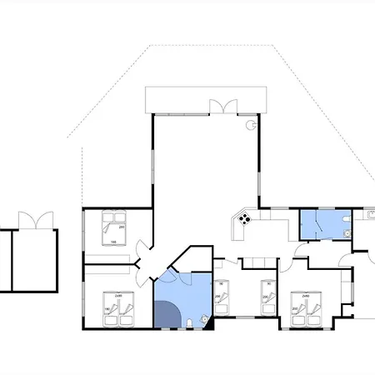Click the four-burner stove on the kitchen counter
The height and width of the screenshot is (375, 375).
click(x=245, y=219)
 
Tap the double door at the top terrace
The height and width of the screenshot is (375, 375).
click(x=221, y=106)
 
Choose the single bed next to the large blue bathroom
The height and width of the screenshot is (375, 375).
click(x=221, y=296)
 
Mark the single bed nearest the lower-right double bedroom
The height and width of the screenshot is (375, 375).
click(x=267, y=297)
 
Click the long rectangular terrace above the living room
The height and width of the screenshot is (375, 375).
click(x=206, y=101)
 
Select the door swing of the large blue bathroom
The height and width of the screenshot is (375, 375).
click(x=167, y=279)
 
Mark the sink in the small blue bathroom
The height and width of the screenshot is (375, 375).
click(x=345, y=234)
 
